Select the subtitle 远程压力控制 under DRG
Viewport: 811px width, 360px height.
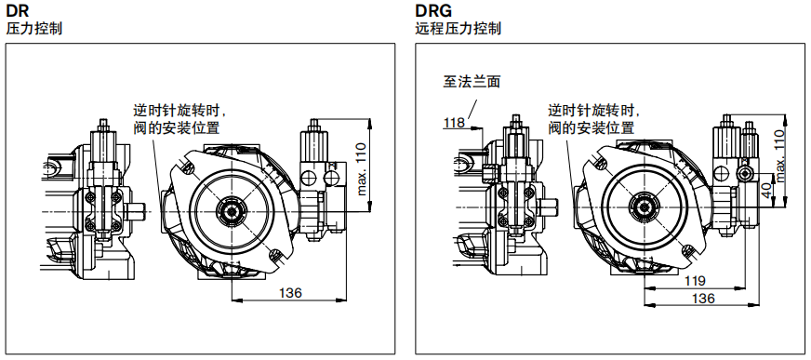(458, 29)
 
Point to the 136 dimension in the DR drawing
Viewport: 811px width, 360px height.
(290, 293)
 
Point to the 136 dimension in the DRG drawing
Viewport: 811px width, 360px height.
(703, 300)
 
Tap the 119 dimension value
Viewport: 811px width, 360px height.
(694, 281)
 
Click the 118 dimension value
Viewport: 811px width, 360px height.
(454, 123)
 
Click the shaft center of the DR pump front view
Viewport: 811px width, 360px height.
(229, 208)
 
